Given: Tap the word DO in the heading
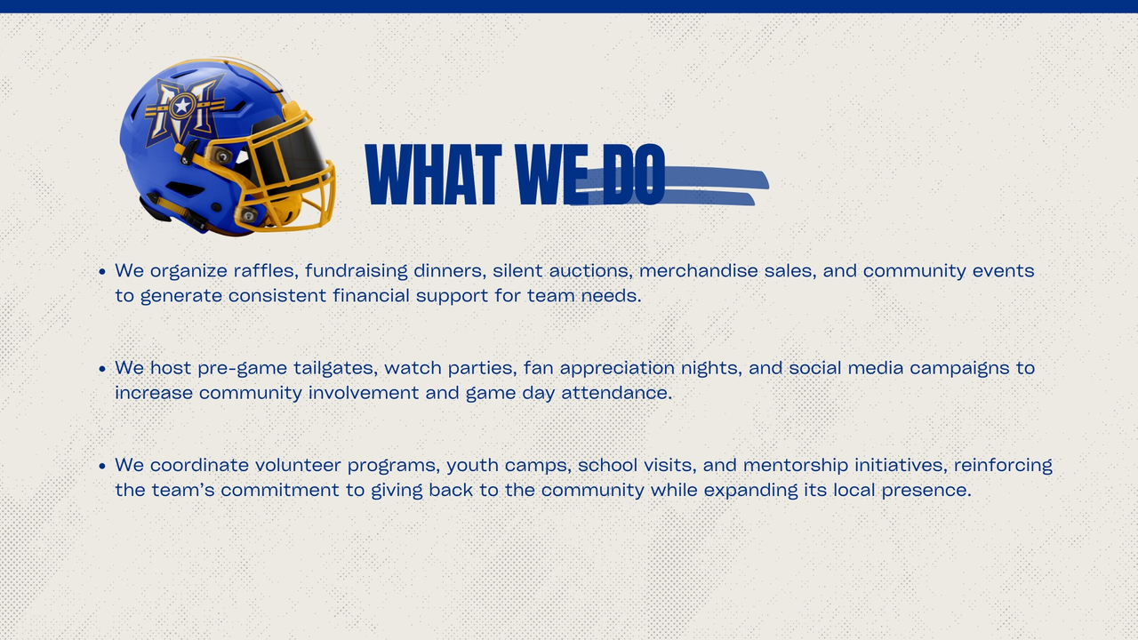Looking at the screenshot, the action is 634,174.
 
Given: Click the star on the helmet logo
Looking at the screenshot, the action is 182,106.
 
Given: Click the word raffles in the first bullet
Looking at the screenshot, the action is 266,271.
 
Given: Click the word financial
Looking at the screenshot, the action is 371,296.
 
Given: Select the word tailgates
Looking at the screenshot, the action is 336,368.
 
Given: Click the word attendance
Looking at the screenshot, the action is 616,393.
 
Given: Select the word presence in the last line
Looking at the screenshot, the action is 926,491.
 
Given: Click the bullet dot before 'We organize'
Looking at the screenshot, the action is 102,272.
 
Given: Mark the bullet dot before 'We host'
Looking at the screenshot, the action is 102,369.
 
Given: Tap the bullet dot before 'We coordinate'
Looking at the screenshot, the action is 102,467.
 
